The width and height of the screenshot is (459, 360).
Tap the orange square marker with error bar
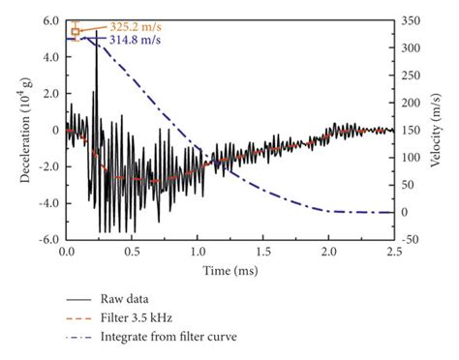click(x=76, y=31)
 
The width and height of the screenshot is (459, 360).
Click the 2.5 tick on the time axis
click(x=392, y=251)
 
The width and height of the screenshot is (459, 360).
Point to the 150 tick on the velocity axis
click(x=413, y=130)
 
